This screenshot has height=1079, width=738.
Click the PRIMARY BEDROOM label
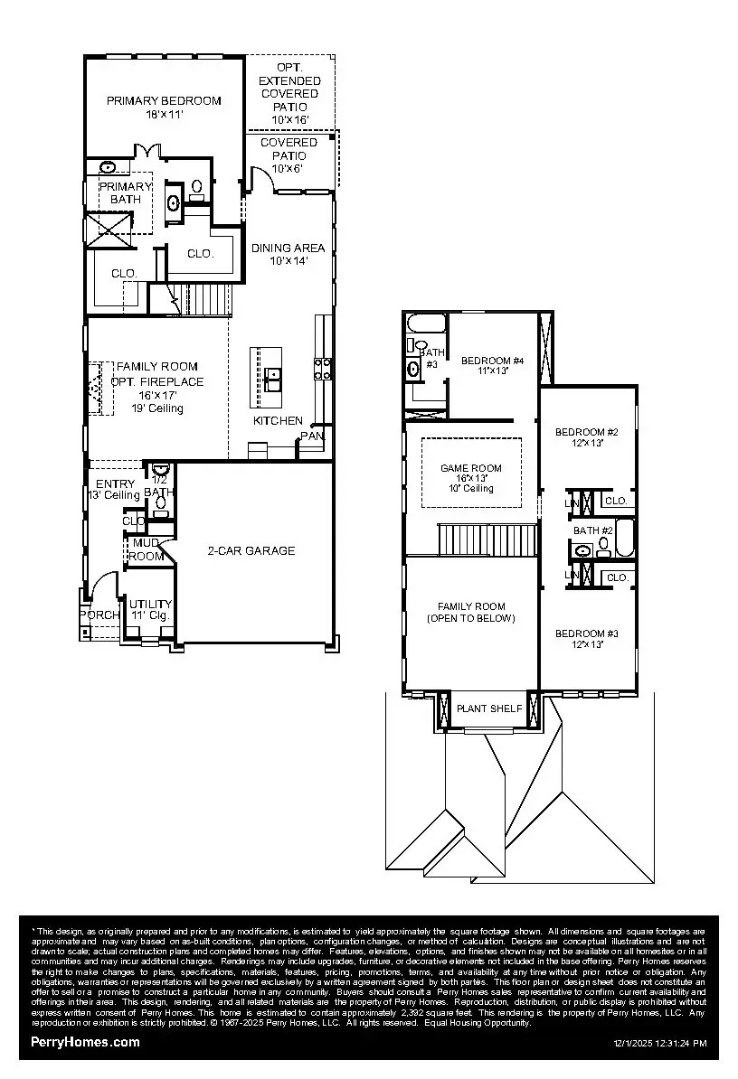pyautogui.click(x=164, y=101)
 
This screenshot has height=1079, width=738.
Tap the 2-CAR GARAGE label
pyautogui.click(x=251, y=550)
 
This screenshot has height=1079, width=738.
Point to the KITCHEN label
pyautogui.click(x=278, y=421)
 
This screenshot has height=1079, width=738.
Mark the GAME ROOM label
pyautogui.click(x=470, y=468)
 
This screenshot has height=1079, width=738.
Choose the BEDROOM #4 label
pyautogui.click(x=492, y=361)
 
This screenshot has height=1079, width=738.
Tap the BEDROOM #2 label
pyautogui.click(x=586, y=431)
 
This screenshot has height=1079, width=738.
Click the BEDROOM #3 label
pyautogui.click(x=586, y=633)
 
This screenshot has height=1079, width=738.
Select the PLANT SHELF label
pyautogui.click(x=488, y=708)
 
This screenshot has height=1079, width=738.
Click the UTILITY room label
pyautogui.click(x=150, y=605)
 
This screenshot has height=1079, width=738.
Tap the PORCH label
pyautogui.click(x=98, y=615)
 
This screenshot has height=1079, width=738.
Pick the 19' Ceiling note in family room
pyautogui.click(x=157, y=408)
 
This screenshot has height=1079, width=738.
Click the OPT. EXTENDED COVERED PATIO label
pyautogui.click(x=290, y=94)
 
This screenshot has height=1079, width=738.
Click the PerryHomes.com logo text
pyautogui.click(x=86, y=1042)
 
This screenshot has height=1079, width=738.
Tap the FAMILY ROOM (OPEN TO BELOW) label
pyautogui.click(x=471, y=613)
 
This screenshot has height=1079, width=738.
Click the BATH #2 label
pyautogui.click(x=593, y=530)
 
